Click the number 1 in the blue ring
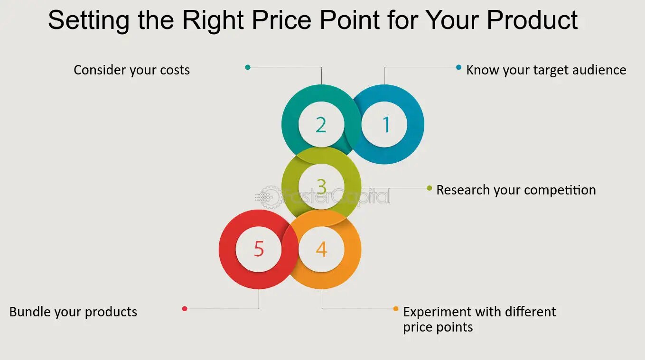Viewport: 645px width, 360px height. tap(386, 124)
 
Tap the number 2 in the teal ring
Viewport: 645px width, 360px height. tap(321, 125)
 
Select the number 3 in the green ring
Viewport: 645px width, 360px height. tap(322, 186)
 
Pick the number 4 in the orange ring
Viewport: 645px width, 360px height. tap(322, 249)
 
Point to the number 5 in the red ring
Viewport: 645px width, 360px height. tap(259, 249)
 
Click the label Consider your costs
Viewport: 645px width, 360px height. tap(131, 70)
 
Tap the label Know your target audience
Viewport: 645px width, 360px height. tap(546, 70)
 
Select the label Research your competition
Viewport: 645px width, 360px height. tap(516, 190)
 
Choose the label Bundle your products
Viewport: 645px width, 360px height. tap(73, 312)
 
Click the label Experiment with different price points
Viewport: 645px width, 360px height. tap(479, 319)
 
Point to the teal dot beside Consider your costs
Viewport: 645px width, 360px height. tap(248, 67)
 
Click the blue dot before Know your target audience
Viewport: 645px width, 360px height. tap(458, 67)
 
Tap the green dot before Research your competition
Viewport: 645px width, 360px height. tap(430, 188)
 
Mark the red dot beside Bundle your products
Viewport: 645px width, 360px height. tap(185, 309)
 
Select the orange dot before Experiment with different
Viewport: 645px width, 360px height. tap(396, 309)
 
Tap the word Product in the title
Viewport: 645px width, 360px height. tap(532, 20)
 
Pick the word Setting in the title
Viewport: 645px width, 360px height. tap(89, 21)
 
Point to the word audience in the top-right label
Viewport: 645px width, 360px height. tap(599, 70)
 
